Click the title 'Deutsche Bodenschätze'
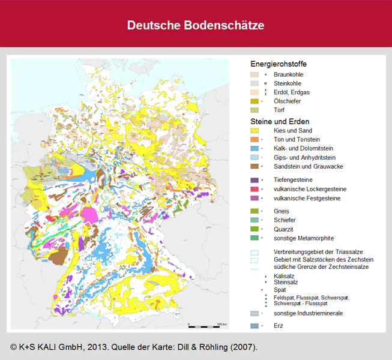[x=196, y=26]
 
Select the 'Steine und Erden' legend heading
[x=280, y=121]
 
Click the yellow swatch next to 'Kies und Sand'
[x=255, y=130]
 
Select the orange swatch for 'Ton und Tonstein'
[x=255, y=139]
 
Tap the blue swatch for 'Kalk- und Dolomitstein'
[x=255, y=148]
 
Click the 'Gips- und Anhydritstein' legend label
[x=306, y=157]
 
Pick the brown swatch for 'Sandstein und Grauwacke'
[x=255, y=166]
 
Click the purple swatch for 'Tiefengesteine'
[x=255, y=179]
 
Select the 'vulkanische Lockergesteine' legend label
[x=309, y=189]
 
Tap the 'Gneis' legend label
[x=281, y=211]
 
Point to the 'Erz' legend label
[x=278, y=325]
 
